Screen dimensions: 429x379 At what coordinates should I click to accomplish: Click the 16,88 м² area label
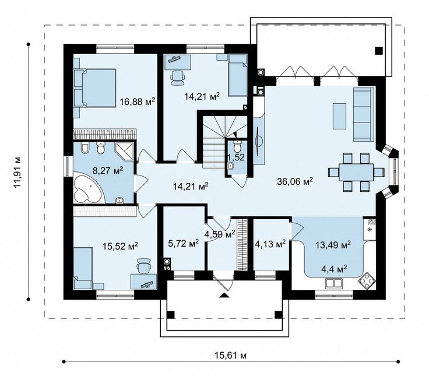tap(138, 102)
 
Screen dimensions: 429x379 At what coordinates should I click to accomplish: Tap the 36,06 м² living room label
tap(295, 181)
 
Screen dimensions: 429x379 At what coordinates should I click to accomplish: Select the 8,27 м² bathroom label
tap(108, 171)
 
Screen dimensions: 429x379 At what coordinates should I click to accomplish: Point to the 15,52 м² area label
tap(120, 246)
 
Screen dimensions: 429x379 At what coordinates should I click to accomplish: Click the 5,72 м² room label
tap(183, 243)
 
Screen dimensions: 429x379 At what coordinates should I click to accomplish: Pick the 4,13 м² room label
tap(270, 243)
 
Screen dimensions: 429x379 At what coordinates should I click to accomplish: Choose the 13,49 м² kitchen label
tap(333, 245)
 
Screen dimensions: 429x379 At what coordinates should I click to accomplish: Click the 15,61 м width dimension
tap(230, 356)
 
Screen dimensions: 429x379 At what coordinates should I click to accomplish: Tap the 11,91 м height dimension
tap(18, 173)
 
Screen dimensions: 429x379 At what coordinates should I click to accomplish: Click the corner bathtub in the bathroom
tap(87, 188)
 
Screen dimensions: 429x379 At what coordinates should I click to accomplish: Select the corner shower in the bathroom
tap(125, 151)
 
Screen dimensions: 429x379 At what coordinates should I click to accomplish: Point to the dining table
tap(356, 173)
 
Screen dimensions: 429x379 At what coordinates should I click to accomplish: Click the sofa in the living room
tap(364, 114)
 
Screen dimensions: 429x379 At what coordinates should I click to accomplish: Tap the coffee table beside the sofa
tap(339, 116)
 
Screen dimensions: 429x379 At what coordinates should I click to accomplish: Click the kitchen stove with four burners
tap(366, 280)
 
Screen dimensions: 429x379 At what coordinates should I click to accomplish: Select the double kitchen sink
tap(334, 283)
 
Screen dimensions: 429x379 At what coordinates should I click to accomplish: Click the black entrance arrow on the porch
tap(224, 295)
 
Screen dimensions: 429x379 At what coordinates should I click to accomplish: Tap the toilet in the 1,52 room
tap(237, 146)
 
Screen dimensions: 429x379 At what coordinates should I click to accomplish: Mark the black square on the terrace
tap(379, 51)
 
